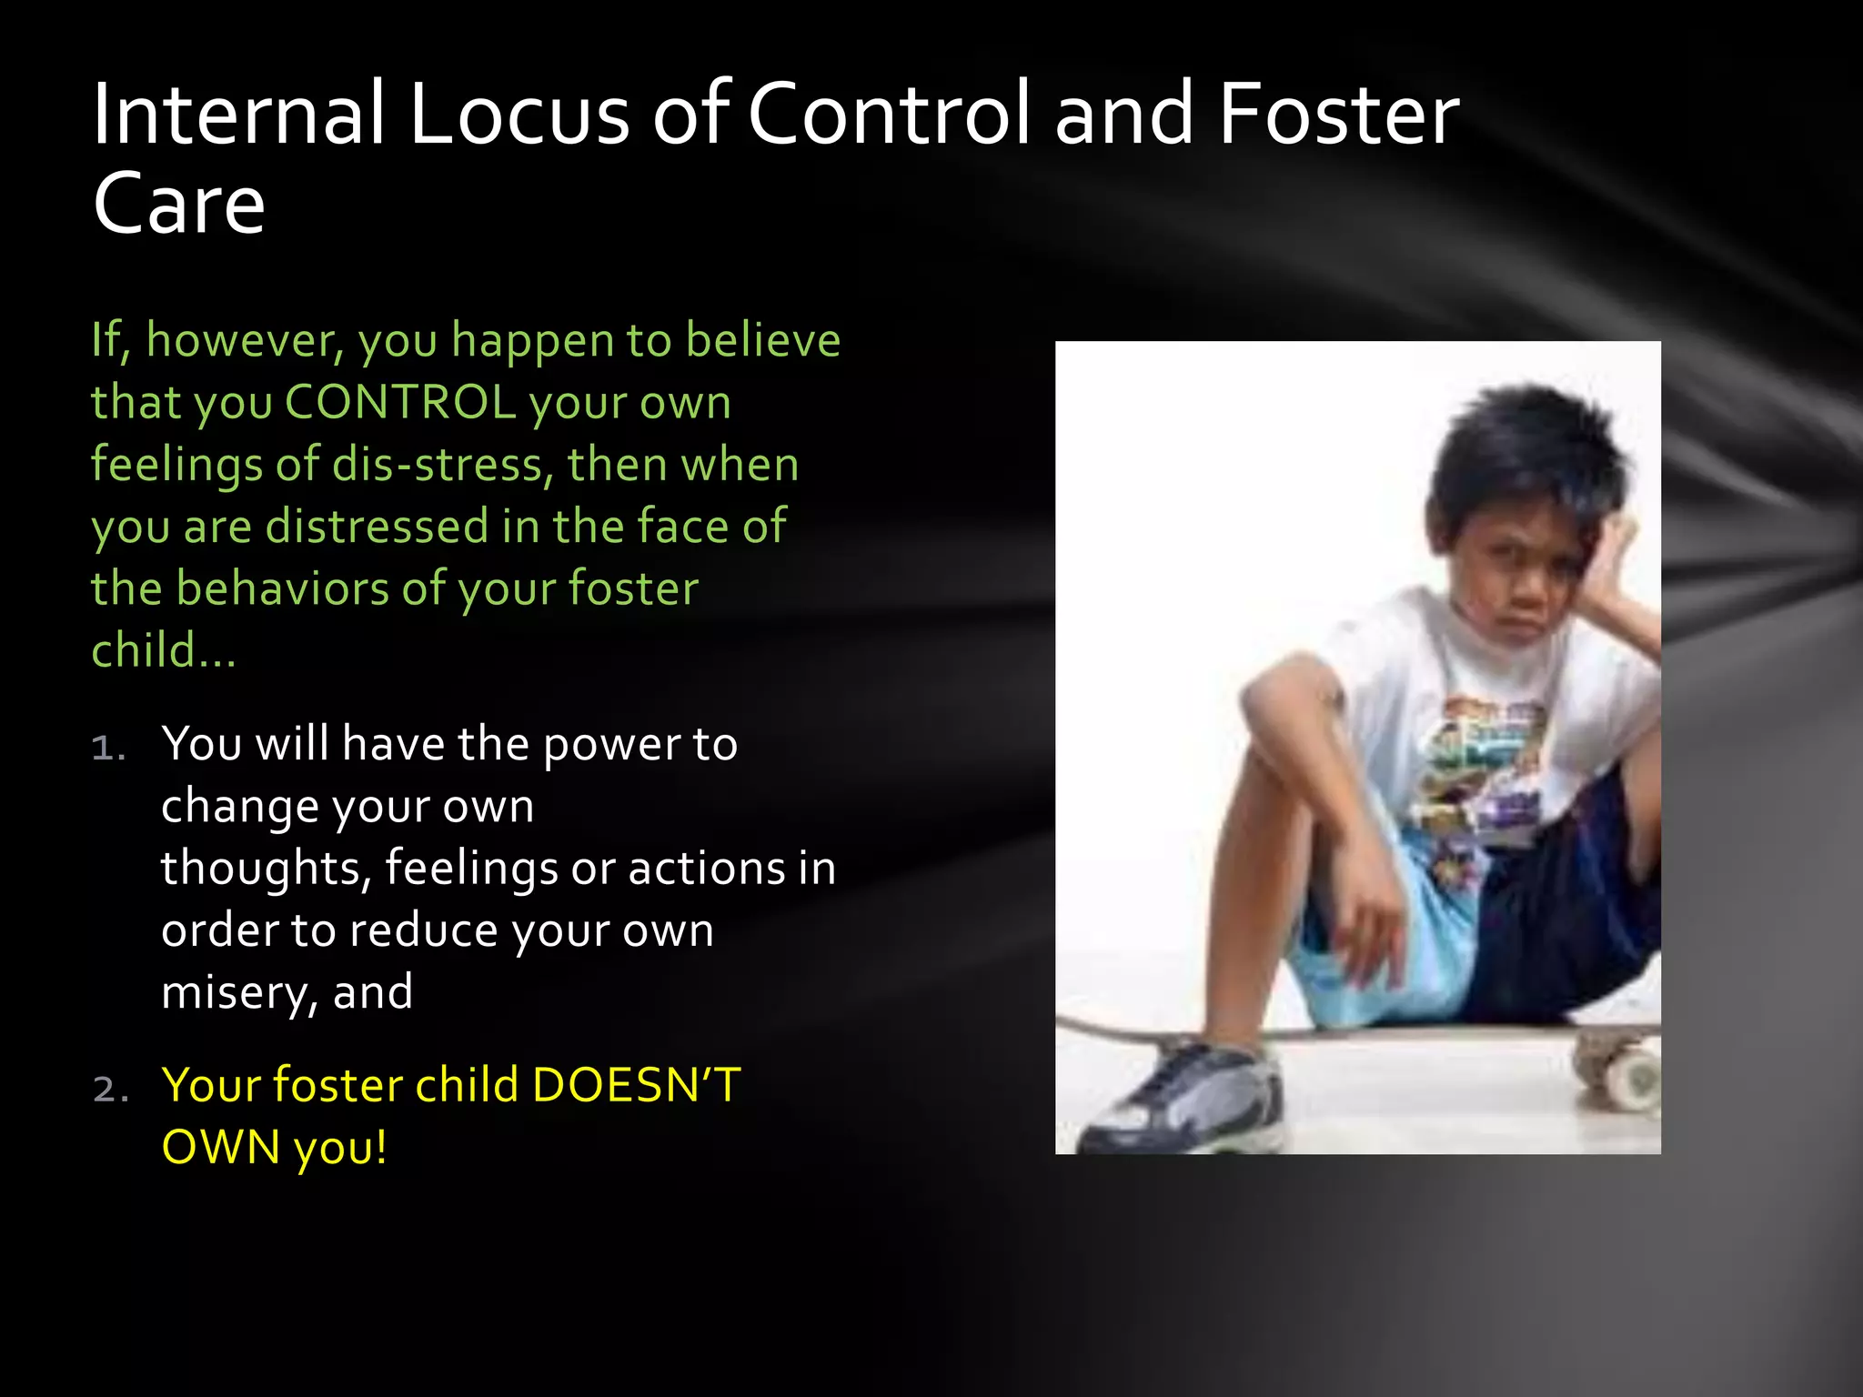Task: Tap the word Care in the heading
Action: [x=179, y=205]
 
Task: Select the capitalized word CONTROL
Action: [x=400, y=402]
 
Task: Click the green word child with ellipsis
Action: [x=163, y=651]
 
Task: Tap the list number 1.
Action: [x=107, y=748]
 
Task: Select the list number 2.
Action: [x=110, y=1089]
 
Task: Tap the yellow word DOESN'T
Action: [x=637, y=1085]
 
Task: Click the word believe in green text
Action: [x=762, y=340]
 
